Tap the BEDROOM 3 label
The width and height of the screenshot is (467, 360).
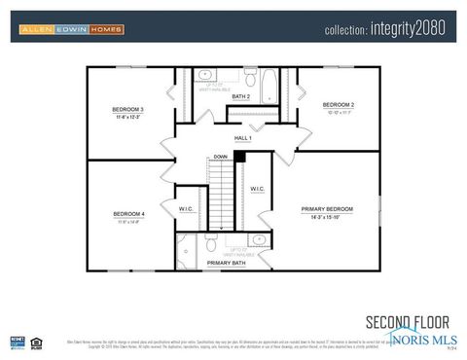tap(128, 109)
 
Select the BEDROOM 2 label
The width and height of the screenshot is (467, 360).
tap(338, 104)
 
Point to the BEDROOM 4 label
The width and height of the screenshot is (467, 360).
tap(128, 213)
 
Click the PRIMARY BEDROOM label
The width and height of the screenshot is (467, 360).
tap(327, 209)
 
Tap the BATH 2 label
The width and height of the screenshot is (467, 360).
tap(241, 97)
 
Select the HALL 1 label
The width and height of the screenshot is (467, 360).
tap(242, 138)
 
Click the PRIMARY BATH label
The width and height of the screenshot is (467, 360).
tap(226, 263)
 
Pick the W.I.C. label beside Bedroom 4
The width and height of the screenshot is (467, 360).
tap(187, 208)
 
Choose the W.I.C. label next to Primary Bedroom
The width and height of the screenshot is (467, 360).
tap(257, 189)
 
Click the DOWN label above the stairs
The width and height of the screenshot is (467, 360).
tap(221, 157)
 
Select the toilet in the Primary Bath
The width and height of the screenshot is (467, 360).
tap(211, 247)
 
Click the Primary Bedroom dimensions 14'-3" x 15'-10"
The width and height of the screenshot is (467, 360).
tap(327, 219)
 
